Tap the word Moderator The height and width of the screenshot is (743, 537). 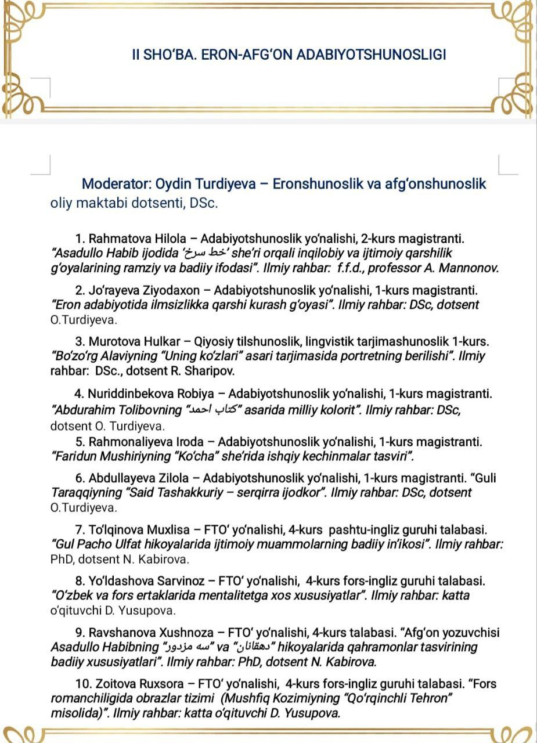coord(116,184)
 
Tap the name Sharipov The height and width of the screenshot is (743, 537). coord(211,370)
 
